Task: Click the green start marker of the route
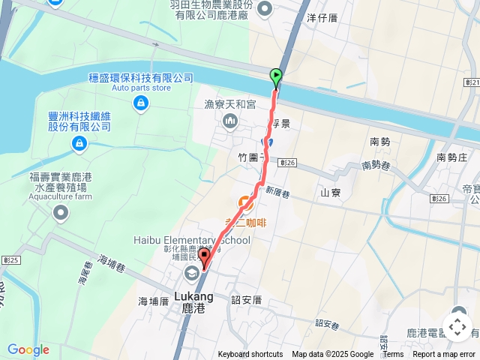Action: [x=275, y=76]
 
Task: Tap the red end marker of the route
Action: [x=205, y=259]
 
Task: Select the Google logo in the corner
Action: [x=28, y=349]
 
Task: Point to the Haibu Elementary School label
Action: [x=192, y=240]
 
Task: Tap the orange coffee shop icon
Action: [x=245, y=202]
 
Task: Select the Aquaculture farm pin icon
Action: [x=59, y=213]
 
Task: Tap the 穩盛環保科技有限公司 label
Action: [x=140, y=78]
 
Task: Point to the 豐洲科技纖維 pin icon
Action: [x=79, y=142]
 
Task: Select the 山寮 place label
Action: [x=331, y=193]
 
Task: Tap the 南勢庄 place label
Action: [x=451, y=157]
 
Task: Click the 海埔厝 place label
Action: [x=153, y=301]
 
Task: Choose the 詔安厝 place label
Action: [x=246, y=300]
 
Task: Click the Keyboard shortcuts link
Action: [x=250, y=355]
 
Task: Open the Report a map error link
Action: [x=444, y=355]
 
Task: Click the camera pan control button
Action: [x=457, y=327]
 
